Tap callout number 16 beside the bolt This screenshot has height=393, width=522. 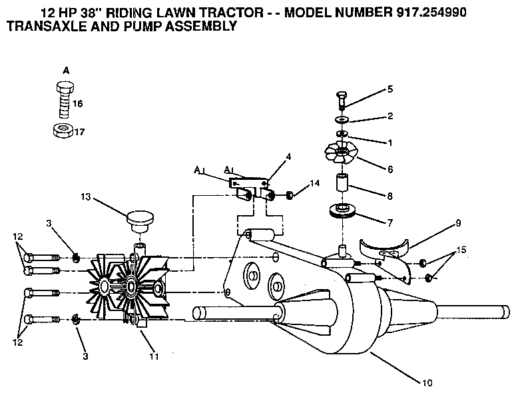(78, 104)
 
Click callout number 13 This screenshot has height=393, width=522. (86, 197)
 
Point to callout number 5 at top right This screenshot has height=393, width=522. (390, 89)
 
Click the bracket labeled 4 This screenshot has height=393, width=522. (252, 182)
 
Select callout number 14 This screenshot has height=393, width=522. (315, 182)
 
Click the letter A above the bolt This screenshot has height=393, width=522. (65, 69)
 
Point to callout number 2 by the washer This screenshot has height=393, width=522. (390, 116)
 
